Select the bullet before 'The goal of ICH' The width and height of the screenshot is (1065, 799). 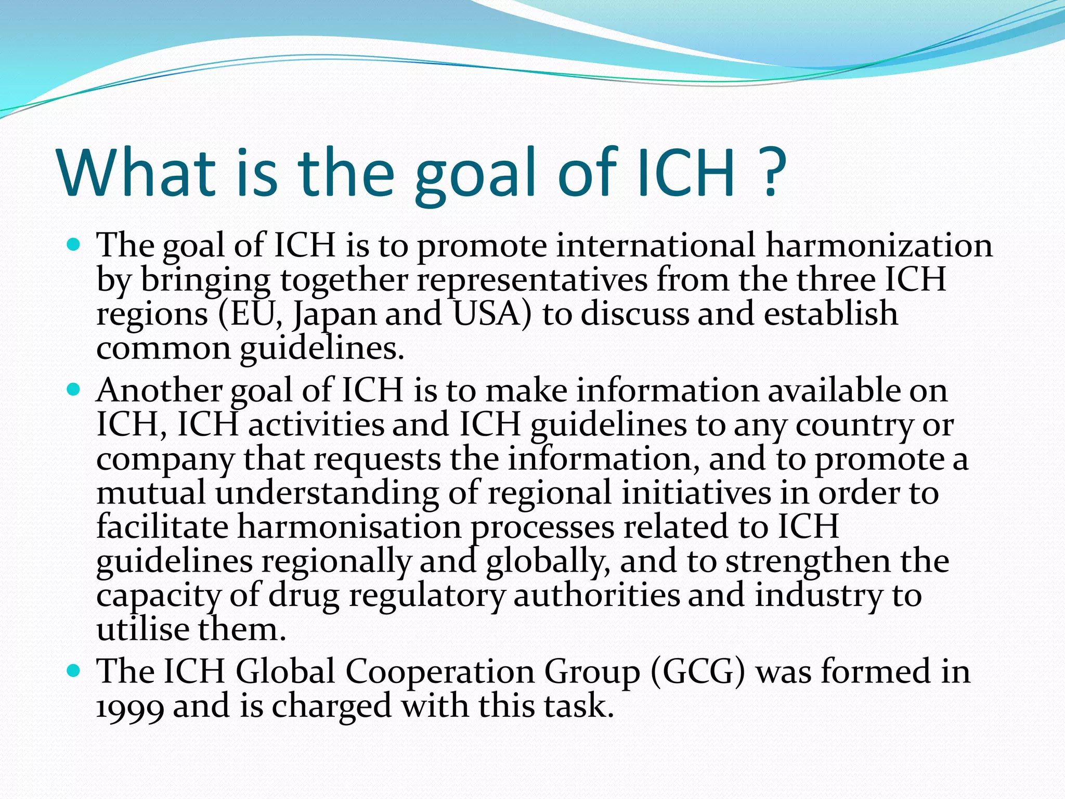pyautogui.click(x=74, y=243)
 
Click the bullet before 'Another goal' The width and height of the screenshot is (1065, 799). pyautogui.click(x=74, y=389)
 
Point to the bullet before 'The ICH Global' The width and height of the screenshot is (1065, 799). pyautogui.click(x=74, y=670)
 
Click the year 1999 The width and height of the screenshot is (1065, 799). pyautogui.click(x=130, y=707)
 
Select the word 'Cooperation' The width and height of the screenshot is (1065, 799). pyautogui.click(x=440, y=672)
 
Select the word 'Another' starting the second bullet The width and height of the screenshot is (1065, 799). pyautogui.click(x=159, y=390)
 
